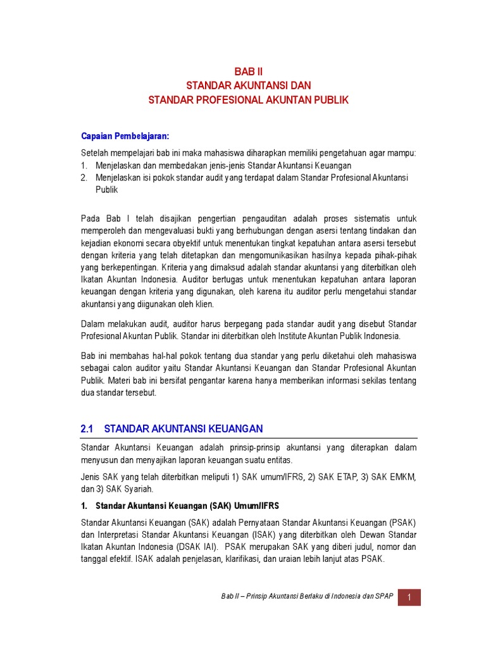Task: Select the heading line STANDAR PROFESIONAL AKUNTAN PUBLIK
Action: point(248,100)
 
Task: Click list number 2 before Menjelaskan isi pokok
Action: point(85,178)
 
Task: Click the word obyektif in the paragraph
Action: point(206,244)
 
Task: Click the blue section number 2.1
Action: point(87,429)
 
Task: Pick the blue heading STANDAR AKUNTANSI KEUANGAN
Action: point(184,429)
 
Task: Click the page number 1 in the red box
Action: point(409,597)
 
